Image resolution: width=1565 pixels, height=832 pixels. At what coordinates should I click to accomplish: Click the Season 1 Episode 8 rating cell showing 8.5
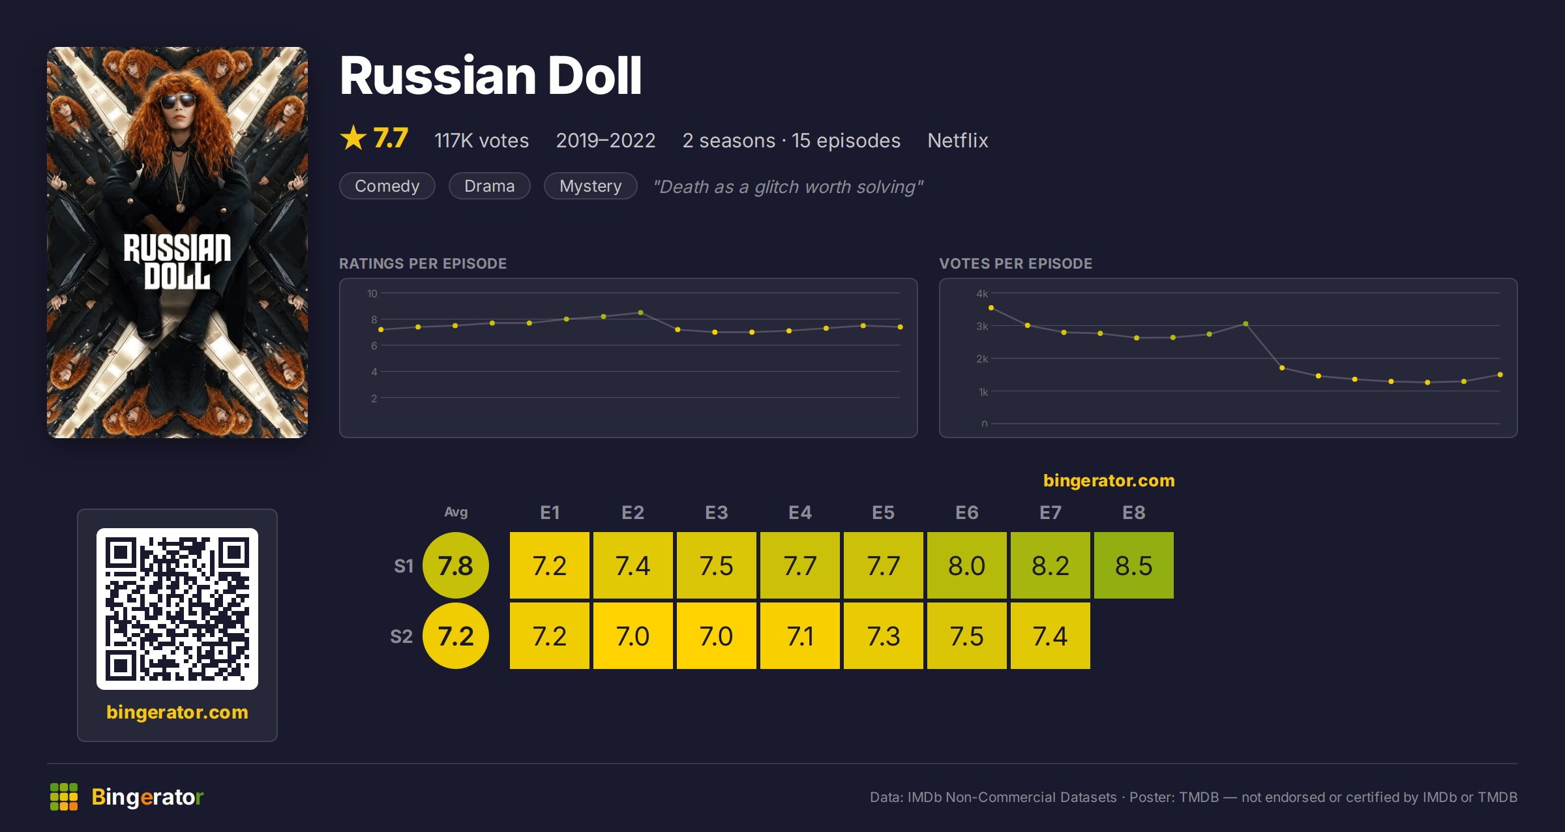[1133, 565]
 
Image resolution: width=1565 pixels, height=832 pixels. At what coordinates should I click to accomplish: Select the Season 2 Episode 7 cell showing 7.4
[1050, 636]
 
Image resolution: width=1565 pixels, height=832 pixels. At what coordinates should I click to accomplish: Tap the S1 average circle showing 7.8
[456, 565]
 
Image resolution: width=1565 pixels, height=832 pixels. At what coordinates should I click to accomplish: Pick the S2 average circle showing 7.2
[456, 636]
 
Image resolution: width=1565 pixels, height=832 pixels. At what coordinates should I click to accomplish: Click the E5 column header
[883, 513]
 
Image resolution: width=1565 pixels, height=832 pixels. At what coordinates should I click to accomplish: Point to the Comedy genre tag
[387, 186]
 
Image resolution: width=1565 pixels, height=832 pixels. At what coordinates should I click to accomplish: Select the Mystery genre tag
[590, 186]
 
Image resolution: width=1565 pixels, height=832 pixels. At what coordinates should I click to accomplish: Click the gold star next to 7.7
[353, 138]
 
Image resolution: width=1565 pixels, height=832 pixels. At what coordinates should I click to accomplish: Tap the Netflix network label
[958, 140]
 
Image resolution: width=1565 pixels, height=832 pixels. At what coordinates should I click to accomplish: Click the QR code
[177, 609]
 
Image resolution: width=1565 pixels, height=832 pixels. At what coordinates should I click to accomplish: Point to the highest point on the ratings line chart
[641, 313]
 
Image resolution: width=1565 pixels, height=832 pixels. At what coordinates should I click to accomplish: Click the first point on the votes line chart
[991, 308]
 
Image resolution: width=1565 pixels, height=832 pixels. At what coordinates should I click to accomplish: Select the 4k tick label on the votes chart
[982, 293]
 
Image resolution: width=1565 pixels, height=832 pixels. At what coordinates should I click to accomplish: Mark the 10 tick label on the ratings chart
[372, 293]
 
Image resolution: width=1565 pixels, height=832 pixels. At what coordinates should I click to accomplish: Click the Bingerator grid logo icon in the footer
[64, 797]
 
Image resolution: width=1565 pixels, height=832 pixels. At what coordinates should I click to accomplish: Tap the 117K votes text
[482, 140]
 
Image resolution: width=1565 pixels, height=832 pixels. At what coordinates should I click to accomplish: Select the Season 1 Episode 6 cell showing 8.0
[966, 565]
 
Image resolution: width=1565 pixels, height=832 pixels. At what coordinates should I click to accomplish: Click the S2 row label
[401, 636]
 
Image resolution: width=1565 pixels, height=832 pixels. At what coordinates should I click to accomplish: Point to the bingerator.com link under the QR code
[177, 712]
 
